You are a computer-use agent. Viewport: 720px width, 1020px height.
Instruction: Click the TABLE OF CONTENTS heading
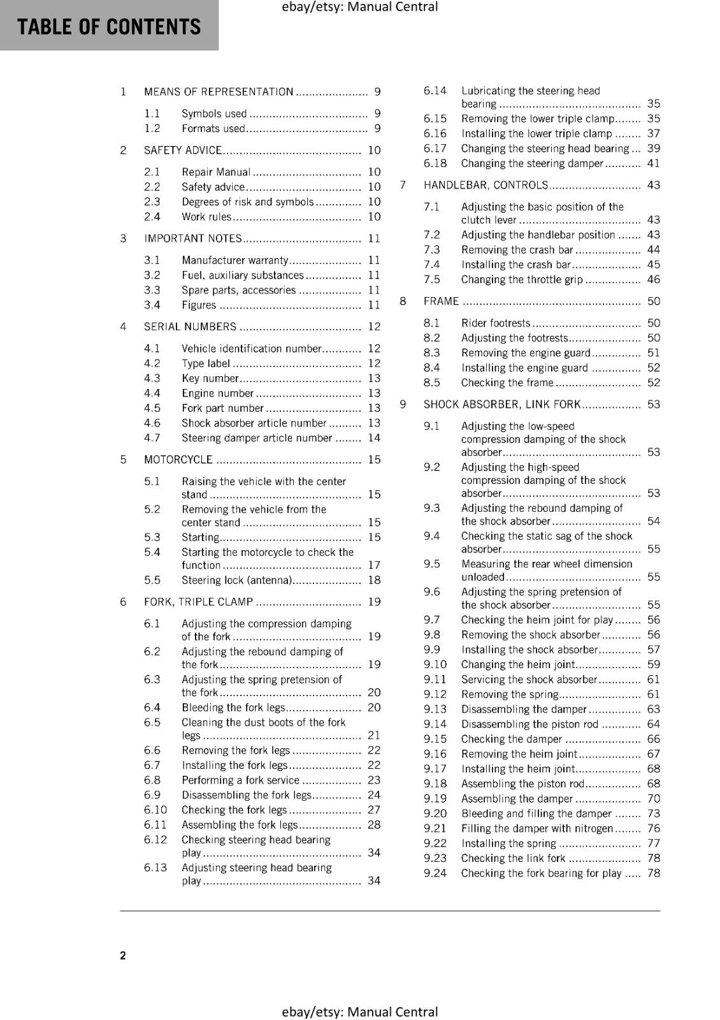point(109,27)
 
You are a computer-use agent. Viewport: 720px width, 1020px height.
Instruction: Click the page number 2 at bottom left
point(123,955)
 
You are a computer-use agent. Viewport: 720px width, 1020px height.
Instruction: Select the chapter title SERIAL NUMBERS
point(190,327)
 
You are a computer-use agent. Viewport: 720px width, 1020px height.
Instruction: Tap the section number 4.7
point(152,438)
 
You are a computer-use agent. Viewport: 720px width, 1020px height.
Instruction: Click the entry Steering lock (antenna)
point(236,580)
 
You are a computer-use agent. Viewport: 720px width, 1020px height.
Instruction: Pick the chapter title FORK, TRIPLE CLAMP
point(198,602)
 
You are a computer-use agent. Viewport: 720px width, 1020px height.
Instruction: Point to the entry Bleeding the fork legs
point(233,708)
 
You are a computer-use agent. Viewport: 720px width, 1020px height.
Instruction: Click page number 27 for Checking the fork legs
point(374,810)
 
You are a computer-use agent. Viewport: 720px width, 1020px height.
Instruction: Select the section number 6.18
point(435,163)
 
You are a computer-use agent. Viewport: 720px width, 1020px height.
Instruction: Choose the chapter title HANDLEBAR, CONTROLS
point(486,186)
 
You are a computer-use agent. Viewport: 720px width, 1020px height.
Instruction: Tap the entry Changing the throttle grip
point(522,280)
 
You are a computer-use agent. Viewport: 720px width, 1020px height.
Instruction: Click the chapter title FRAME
point(441,302)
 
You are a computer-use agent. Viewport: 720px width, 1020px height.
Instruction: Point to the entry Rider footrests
point(496,323)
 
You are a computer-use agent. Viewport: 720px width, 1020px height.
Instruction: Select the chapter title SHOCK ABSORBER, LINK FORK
point(502,405)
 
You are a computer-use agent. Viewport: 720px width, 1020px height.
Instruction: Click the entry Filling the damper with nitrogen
point(536,829)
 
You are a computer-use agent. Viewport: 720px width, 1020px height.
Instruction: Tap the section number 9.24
point(435,873)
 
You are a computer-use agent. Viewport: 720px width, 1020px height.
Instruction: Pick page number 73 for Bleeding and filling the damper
point(654,813)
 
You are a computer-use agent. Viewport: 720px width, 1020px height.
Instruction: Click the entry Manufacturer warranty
point(234,261)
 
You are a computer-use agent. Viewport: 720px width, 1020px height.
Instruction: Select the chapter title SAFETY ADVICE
point(182,150)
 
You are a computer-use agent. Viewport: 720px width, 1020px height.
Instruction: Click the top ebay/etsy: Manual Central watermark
point(359,7)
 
